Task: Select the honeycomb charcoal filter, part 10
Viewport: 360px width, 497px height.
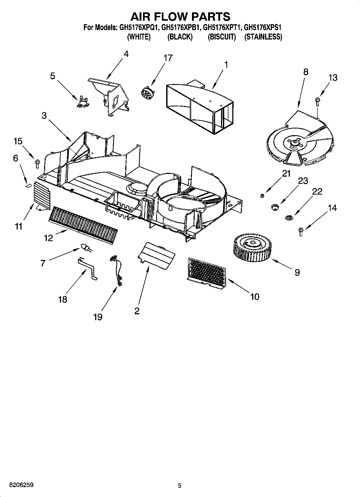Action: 206,274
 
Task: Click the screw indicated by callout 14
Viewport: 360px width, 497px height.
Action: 301,231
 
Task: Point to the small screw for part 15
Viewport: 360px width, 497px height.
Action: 37,163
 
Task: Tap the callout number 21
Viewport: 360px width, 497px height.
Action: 286,174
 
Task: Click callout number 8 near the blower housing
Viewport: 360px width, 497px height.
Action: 305,72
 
